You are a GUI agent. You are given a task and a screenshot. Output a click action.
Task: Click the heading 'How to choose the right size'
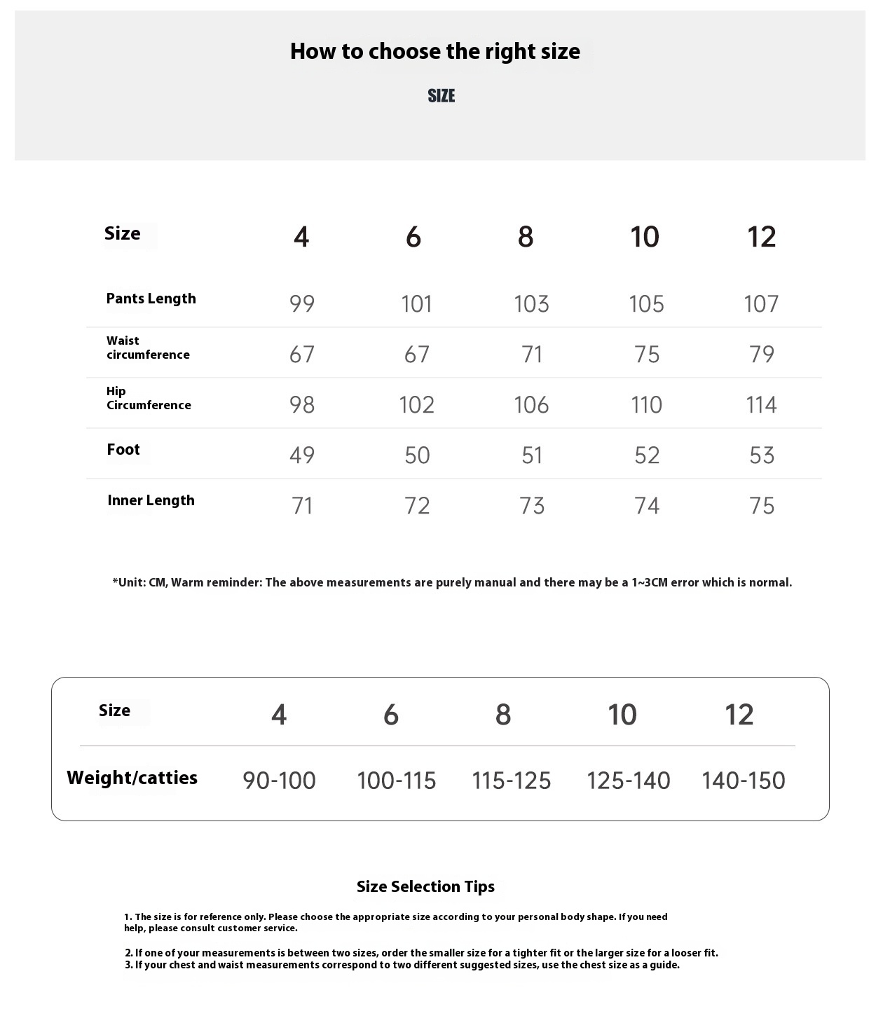(435, 52)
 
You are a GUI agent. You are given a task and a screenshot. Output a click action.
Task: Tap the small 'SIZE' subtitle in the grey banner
(441, 96)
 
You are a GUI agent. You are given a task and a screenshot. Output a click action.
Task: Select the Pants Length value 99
(302, 304)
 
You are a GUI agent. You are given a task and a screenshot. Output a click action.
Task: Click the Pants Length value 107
(761, 304)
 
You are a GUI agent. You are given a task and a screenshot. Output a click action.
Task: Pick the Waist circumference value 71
(532, 355)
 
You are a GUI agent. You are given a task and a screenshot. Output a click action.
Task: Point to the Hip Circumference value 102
(416, 405)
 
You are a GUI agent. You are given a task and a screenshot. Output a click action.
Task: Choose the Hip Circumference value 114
(761, 405)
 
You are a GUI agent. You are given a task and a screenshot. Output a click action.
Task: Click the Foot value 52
(647, 455)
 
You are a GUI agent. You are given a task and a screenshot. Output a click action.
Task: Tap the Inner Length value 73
(532, 506)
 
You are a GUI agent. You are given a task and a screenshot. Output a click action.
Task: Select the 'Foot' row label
(123, 450)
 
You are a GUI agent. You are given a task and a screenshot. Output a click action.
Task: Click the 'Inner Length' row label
(151, 500)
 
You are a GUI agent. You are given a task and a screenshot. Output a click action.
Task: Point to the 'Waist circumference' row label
(147, 348)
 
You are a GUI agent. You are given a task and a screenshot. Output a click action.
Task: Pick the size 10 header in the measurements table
(645, 237)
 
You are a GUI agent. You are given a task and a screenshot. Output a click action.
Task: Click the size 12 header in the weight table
(739, 715)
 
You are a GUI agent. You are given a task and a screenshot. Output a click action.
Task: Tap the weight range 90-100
(279, 781)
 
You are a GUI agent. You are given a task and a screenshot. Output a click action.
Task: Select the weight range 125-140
(628, 781)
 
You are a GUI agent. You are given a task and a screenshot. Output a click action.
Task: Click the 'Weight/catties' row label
(132, 778)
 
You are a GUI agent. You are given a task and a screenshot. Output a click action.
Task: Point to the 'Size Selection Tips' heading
(425, 886)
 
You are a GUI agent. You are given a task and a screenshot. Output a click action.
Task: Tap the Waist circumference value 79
(761, 355)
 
